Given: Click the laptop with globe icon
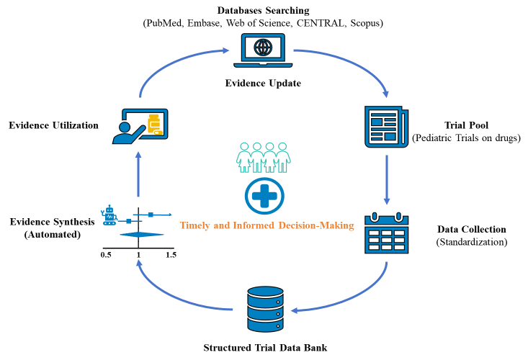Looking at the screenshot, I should (x=263, y=50).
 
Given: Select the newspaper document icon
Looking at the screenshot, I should (x=386, y=127).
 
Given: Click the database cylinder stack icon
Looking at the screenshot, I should (x=265, y=309).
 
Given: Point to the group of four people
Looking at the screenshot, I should (x=264, y=157).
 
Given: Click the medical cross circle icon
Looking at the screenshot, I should (x=264, y=195).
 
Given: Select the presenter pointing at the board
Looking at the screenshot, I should (x=128, y=130).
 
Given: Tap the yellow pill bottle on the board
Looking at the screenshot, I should (x=154, y=124).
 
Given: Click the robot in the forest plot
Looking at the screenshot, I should (x=109, y=215).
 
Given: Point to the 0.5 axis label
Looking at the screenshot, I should (x=106, y=255).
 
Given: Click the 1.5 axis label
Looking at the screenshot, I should (x=171, y=255).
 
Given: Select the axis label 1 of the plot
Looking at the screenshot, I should (x=139, y=255).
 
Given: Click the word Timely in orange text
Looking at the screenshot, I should (x=195, y=225).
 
